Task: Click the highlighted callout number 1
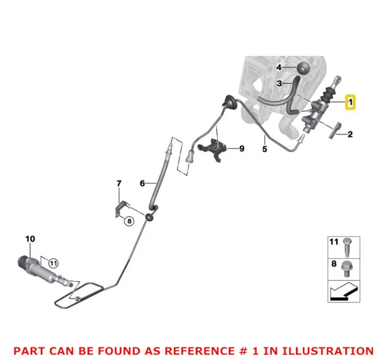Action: click(350, 102)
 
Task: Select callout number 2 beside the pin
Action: click(350, 133)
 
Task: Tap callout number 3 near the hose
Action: click(280, 84)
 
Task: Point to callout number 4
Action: click(279, 67)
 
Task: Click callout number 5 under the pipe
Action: click(264, 149)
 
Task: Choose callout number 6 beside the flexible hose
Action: click(142, 182)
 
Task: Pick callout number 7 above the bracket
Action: click(118, 183)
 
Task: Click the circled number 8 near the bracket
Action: click(128, 221)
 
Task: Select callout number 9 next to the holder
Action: click(241, 148)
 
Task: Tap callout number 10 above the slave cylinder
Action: click(30, 239)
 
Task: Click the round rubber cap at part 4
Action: click(302, 69)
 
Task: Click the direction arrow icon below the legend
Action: click(344, 291)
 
